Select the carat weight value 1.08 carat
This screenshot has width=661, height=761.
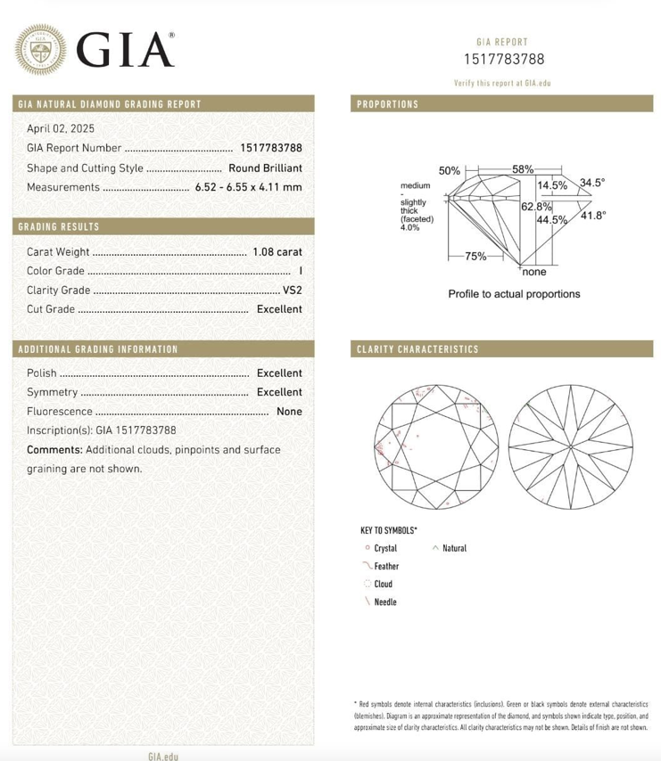coord(277,252)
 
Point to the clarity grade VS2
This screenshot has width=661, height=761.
coord(292,290)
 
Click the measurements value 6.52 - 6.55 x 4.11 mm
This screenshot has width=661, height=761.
coord(248,187)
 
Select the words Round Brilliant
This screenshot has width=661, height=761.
coord(265,168)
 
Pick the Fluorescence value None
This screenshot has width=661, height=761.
coord(289,412)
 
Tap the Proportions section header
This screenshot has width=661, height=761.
coord(387,104)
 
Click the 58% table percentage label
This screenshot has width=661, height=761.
coord(523,168)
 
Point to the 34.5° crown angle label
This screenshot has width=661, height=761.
coord(592,183)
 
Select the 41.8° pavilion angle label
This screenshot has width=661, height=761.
coord(593,216)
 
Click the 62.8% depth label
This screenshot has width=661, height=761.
coord(533,207)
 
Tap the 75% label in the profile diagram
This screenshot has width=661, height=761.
coord(475,257)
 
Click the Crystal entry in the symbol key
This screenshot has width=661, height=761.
coord(385,548)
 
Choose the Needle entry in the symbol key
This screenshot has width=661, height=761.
coord(385,602)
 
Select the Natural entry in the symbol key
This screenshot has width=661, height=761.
coord(454,548)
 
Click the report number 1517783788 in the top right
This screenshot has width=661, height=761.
coord(502,60)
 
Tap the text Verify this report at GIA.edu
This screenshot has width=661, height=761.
coord(502,83)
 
